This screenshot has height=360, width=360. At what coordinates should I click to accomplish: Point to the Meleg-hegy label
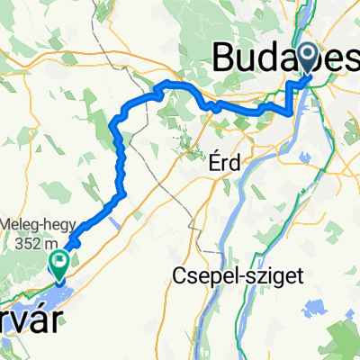pyautogui.click(x=35, y=223)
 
